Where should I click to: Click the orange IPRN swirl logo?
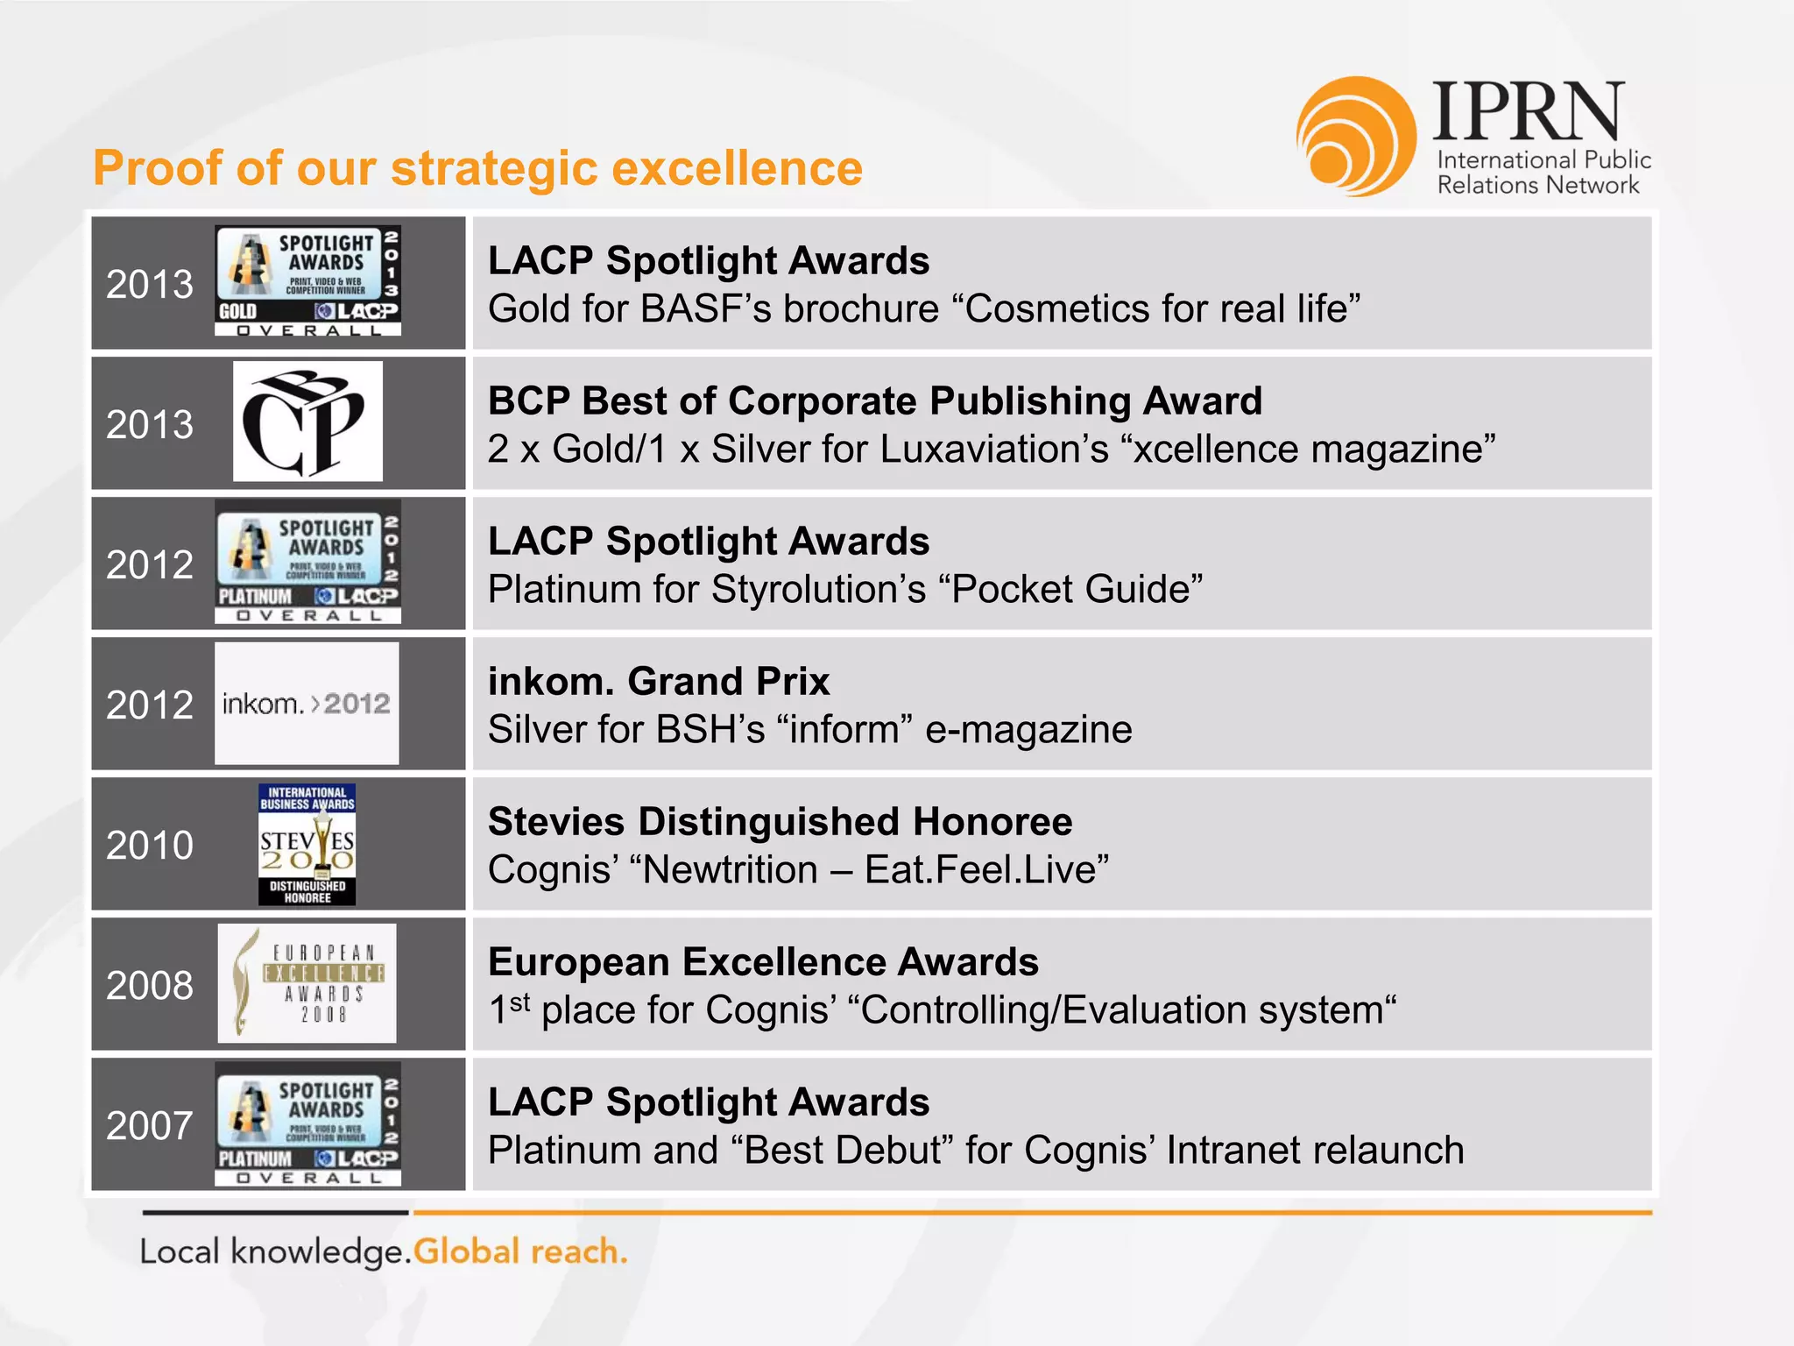(1355, 136)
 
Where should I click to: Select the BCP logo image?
(307, 422)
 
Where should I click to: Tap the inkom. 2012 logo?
(307, 704)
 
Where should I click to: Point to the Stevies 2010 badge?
(307, 844)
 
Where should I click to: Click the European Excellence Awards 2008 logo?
(307, 983)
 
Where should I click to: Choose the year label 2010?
(150, 846)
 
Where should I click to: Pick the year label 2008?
(150, 986)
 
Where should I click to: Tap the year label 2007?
(150, 1126)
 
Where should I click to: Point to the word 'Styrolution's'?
(818, 590)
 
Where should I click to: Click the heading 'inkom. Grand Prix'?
(659, 682)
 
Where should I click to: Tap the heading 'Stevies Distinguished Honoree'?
(780, 822)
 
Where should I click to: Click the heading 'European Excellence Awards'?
(763, 962)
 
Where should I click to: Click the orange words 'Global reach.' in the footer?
(520, 1251)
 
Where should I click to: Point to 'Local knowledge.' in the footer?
(275, 1251)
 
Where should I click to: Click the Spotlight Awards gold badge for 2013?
(307, 280)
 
